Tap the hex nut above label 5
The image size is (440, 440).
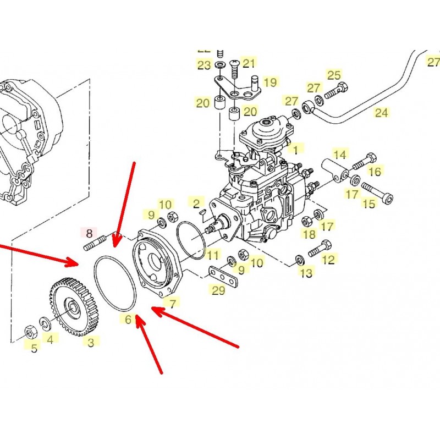pos(31,332)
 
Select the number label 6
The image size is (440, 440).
pos(128,320)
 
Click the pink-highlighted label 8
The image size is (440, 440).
pos(89,232)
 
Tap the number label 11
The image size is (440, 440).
pos(213,255)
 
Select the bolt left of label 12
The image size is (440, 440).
pos(318,251)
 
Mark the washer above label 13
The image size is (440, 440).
pos(299,259)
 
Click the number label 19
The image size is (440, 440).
pos(269,82)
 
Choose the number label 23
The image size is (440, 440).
pos(204,65)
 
